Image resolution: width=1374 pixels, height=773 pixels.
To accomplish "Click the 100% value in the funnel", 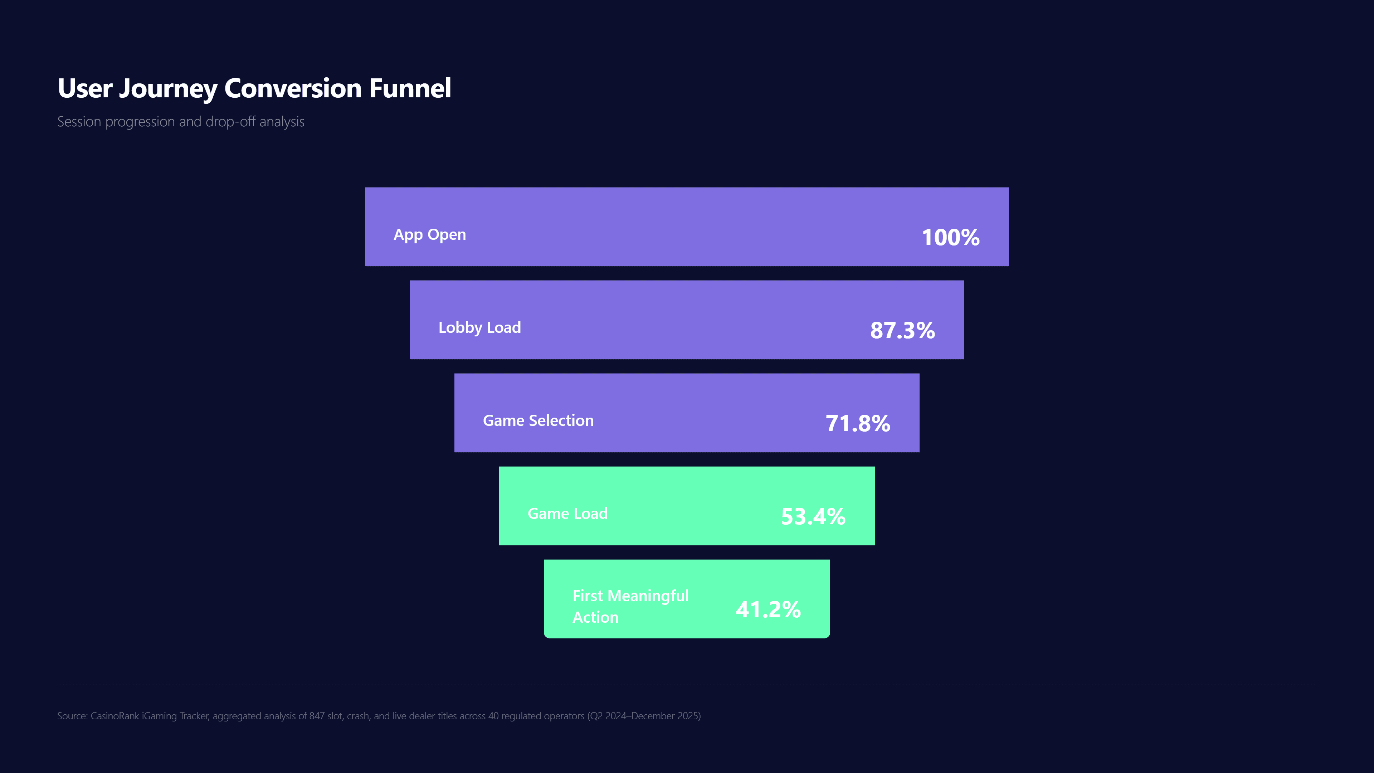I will click(x=950, y=237).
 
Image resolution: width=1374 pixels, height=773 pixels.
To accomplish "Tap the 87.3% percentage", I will click(x=902, y=330).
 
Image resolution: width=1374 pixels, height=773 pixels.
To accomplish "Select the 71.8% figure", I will click(x=857, y=424).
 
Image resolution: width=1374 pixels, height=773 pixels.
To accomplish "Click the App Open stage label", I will click(x=429, y=235).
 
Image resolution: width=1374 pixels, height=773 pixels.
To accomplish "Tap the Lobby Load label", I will click(x=479, y=327).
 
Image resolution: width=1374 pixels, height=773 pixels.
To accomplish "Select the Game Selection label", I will click(x=538, y=420).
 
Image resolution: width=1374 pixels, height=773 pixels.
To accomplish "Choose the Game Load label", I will click(x=567, y=513).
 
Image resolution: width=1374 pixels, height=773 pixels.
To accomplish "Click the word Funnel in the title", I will click(x=410, y=88).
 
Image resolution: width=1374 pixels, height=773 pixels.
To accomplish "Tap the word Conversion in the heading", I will click(x=293, y=88).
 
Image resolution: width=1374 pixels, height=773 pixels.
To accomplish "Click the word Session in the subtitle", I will click(x=79, y=122).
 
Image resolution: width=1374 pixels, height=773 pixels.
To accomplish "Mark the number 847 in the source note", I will click(x=317, y=716).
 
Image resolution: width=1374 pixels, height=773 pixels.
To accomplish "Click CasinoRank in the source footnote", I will click(x=114, y=716).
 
